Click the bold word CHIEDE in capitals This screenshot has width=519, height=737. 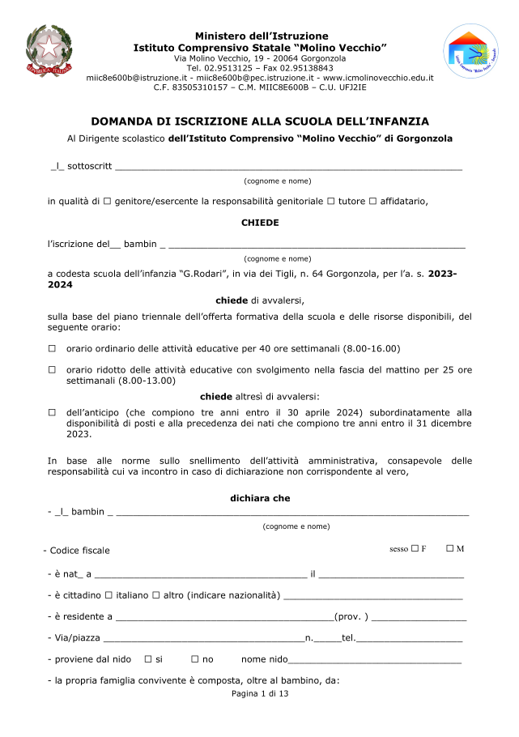point(260,222)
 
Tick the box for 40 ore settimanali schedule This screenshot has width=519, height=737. point(52,348)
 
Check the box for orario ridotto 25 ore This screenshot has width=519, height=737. point(52,369)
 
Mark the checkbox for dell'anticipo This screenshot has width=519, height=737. point(52,412)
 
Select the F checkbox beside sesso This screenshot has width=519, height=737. point(415,548)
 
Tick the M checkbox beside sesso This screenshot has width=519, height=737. point(449,548)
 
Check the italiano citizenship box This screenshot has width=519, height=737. point(108,595)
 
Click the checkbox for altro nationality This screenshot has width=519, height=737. point(155,595)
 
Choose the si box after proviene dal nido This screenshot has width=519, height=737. point(147,659)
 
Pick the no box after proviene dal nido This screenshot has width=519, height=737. point(194,659)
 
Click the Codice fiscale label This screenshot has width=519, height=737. point(79,551)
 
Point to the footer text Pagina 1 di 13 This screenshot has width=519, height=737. point(260,694)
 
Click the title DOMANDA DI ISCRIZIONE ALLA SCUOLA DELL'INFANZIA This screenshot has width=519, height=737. point(260,121)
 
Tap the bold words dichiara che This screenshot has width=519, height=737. point(260,498)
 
